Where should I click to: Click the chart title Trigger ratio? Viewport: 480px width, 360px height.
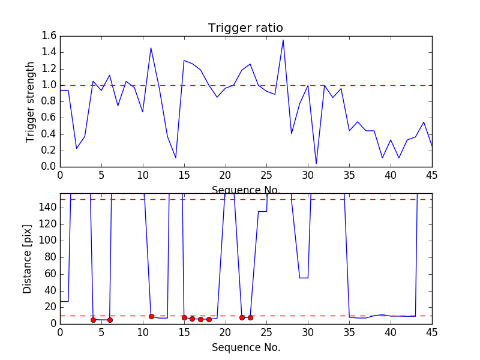click(245, 28)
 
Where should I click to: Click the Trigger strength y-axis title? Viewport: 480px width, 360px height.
click(31, 101)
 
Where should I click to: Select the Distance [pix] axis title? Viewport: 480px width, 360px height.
click(28, 259)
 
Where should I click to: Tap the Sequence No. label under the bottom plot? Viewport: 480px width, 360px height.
click(245, 347)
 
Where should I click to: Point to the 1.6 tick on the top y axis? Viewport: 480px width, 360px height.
click(49, 36)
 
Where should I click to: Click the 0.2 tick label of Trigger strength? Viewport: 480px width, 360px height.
click(49, 151)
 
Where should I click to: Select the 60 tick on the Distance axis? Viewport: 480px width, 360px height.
click(50, 274)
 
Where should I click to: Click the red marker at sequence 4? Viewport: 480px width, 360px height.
click(93, 320)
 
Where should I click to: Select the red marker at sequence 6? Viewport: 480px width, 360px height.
click(110, 320)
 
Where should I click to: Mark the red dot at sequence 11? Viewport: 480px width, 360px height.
click(151, 316)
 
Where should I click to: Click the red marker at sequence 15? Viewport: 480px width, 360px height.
click(184, 317)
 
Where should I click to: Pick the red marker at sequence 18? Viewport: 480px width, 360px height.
click(209, 319)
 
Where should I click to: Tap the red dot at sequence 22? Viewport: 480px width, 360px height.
click(242, 317)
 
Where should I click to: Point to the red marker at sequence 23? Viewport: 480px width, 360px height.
click(250, 317)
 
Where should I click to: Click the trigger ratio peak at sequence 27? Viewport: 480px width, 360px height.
click(283, 40)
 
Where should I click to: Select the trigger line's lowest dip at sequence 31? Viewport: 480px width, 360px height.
click(316, 163)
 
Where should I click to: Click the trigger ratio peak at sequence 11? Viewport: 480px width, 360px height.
click(151, 48)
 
